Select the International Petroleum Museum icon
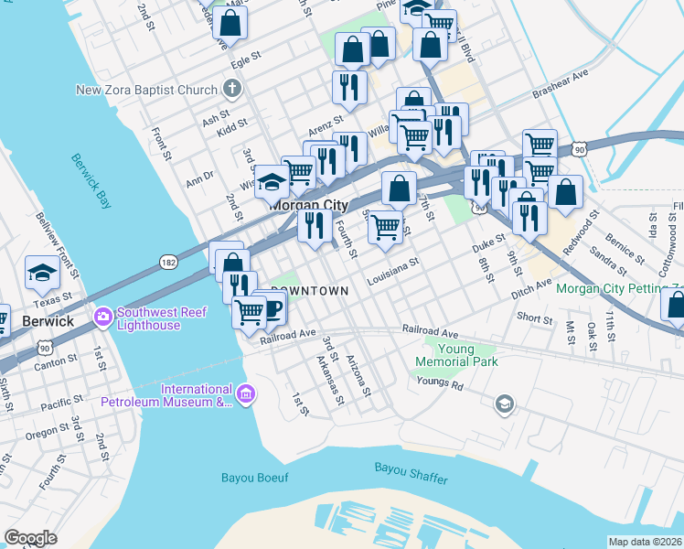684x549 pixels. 245,394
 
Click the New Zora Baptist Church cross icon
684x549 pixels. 232,90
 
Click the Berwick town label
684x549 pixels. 47,321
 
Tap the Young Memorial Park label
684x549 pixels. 456,355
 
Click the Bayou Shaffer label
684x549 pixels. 410,468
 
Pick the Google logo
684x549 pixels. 30,538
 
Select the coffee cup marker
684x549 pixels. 273,307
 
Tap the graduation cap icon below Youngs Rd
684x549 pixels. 503,404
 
